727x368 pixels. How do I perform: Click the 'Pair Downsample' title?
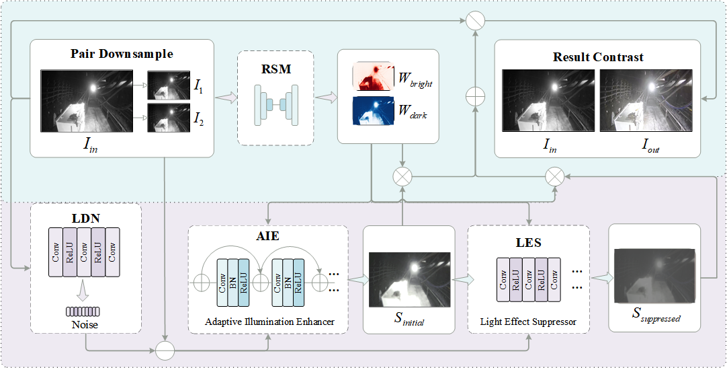[122, 54]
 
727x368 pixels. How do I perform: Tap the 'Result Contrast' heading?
[597, 57]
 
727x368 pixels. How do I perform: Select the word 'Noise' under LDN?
[85, 325]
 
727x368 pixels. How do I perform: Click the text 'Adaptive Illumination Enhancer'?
[269, 322]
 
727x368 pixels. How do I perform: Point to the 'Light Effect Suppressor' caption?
[528, 322]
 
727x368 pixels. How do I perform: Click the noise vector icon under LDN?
[84, 311]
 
